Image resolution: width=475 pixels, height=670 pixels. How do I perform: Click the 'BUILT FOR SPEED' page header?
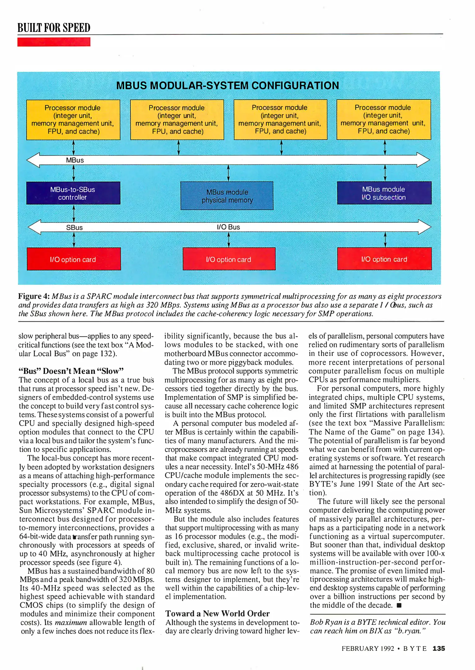tap(54, 28)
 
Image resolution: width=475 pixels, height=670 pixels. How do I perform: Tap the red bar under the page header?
tap(54, 42)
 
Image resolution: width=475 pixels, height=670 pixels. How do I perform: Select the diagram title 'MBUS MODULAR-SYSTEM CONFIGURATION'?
tap(228, 86)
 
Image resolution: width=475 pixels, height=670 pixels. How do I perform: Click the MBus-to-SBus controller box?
tap(73, 193)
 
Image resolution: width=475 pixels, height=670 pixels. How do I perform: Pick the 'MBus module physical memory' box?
tap(227, 196)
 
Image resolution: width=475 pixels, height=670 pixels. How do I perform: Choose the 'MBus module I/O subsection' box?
tap(384, 193)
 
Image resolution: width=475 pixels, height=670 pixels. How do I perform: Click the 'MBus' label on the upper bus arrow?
tap(75, 160)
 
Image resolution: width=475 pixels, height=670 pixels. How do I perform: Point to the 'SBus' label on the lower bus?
tap(75, 228)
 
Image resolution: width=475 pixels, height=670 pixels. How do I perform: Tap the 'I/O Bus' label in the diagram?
tap(228, 227)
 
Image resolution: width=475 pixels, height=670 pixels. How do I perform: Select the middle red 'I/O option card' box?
tap(229, 259)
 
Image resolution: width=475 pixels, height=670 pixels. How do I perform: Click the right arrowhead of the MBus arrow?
tap(423, 160)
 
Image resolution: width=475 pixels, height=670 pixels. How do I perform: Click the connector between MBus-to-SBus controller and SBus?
tap(74, 213)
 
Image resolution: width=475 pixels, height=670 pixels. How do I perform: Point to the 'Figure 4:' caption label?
tap(34, 296)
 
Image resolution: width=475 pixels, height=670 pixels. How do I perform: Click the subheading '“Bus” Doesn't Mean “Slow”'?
tap(71, 371)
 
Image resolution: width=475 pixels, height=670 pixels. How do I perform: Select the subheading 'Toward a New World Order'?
tap(217, 613)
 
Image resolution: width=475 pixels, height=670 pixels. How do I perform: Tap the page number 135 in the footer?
tap(439, 648)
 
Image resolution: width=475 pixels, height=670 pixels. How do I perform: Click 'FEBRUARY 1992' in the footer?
tap(368, 649)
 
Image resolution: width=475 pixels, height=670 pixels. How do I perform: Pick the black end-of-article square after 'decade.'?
tap(399, 605)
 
